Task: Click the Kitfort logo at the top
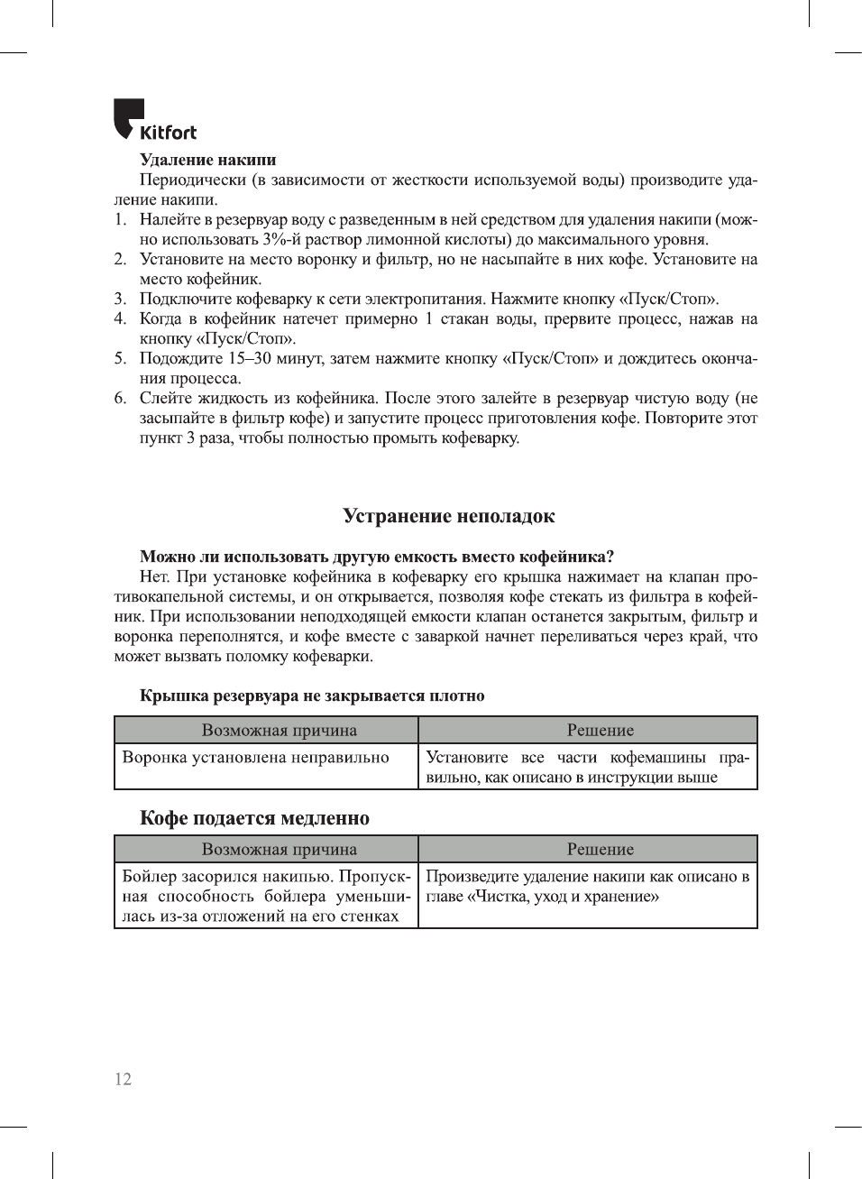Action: point(154,121)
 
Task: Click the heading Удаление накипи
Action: point(207,160)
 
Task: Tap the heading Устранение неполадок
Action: point(448,516)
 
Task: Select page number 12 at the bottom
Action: point(123,1079)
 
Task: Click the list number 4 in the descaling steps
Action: point(120,318)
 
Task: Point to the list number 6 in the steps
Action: point(120,398)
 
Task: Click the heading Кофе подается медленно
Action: point(254,818)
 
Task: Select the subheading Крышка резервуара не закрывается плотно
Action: point(312,695)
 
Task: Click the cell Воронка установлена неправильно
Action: point(256,758)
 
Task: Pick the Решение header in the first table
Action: point(600,730)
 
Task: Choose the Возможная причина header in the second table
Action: point(279,849)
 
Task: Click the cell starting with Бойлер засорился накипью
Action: point(266,896)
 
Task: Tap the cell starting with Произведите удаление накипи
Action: point(587,886)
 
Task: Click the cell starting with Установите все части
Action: point(587,767)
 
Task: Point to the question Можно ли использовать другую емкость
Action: point(376,557)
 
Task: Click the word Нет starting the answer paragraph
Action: point(155,576)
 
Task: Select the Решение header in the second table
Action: point(600,849)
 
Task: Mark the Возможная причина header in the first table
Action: point(279,730)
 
